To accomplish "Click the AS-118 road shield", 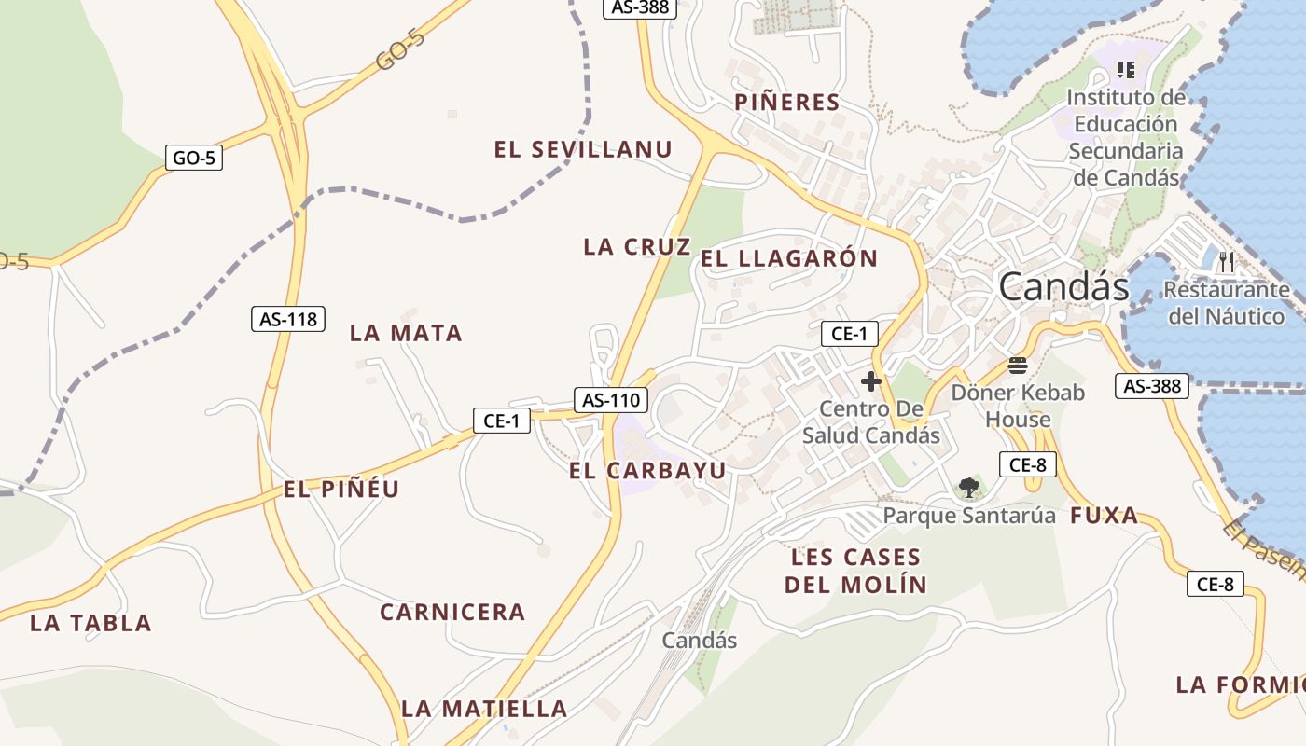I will click(288, 319).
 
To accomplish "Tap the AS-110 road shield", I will click(610, 400).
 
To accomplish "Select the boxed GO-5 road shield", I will click(194, 158).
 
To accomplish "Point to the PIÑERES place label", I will click(787, 103).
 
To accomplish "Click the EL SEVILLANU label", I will click(583, 149).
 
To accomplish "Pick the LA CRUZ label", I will click(637, 247).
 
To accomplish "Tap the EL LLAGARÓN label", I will click(789, 259).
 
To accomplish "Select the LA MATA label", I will click(406, 333).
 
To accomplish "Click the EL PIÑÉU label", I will click(341, 489).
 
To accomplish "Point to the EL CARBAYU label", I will click(647, 471).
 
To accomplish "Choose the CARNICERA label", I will click(452, 613).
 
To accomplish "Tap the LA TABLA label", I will click(90, 623).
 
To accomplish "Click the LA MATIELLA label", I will click(484, 709).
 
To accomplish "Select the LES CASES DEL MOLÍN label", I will click(855, 571).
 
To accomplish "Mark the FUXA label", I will click(1104, 515).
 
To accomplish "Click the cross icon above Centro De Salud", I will click(871, 381).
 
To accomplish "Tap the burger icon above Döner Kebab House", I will click(1017, 366).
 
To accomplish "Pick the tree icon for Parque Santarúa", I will click(968, 487).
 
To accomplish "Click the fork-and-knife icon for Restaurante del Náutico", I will click(1227, 262).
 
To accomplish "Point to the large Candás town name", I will click(1063, 286).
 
